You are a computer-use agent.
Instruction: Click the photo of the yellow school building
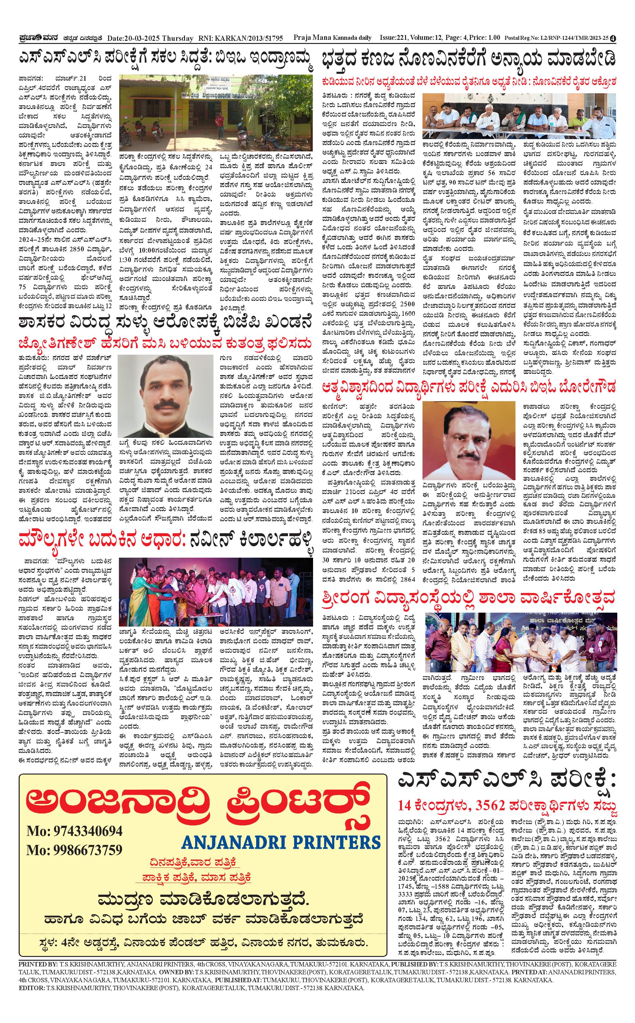[x=216, y=113]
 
